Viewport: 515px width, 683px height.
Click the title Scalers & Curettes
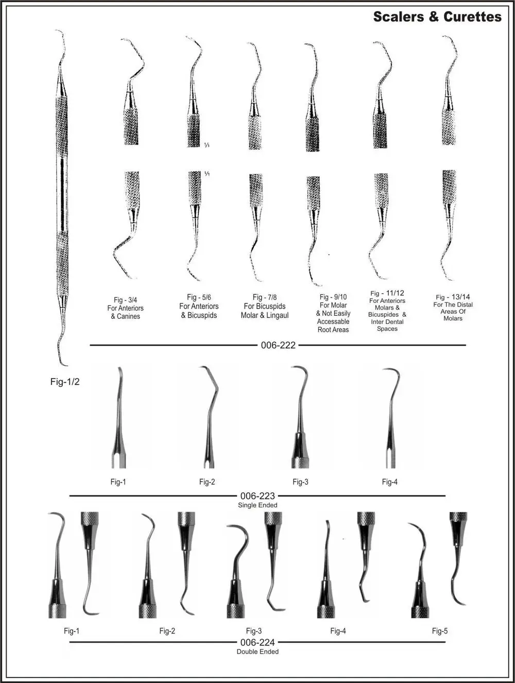point(437,16)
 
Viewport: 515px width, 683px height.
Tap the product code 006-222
point(278,345)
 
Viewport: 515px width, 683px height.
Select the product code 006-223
point(257,496)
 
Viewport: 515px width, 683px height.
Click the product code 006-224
point(257,642)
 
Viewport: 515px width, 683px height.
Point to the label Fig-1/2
point(65,382)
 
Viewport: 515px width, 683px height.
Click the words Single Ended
point(257,505)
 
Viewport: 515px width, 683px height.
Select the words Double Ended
point(257,652)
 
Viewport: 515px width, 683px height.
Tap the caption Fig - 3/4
point(126,300)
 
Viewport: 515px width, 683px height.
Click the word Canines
point(129,316)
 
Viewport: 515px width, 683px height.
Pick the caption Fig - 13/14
point(453,297)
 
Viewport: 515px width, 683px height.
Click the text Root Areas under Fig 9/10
point(333,330)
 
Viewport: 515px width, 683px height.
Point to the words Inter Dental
point(387,321)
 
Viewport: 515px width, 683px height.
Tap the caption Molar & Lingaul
point(265,315)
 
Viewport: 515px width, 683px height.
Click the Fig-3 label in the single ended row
point(300,482)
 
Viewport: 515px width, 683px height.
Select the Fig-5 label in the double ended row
point(439,631)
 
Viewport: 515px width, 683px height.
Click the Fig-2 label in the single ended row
point(207,482)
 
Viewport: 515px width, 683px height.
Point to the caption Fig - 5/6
point(199,297)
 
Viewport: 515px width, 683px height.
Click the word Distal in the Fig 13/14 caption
point(463,304)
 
